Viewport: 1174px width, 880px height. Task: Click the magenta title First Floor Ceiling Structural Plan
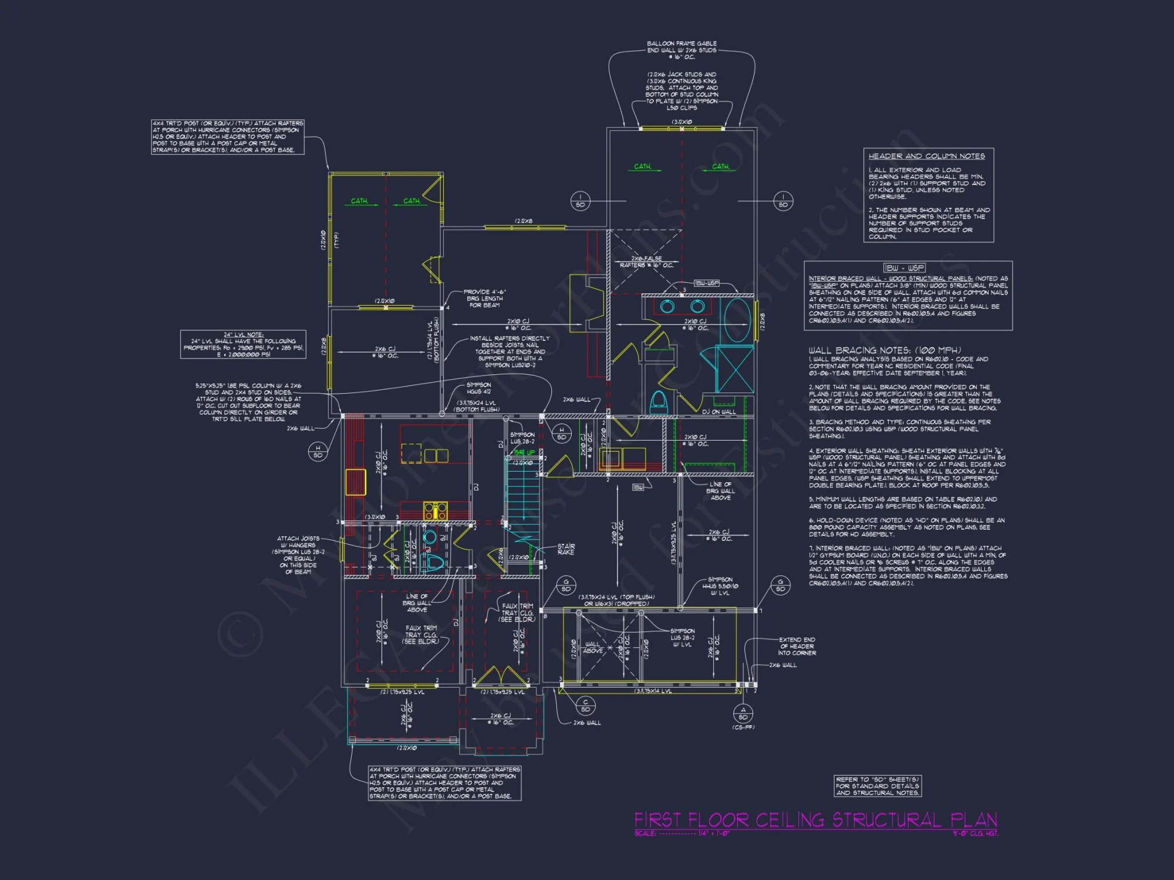click(x=815, y=820)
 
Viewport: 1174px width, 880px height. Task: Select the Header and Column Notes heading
click(x=926, y=156)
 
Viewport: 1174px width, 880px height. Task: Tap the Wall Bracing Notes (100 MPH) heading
click(x=885, y=350)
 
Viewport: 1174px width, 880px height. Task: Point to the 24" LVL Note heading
click(x=243, y=334)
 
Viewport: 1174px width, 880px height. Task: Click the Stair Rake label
click(x=566, y=549)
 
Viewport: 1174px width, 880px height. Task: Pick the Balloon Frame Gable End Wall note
click(x=682, y=50)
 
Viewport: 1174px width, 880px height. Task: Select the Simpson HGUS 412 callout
click(x=478, y=388)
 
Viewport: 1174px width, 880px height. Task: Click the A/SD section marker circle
click(x=743, y=713)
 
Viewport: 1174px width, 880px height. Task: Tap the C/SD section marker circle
click(x=585, y=706)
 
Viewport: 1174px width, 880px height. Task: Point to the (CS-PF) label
click(x=743, y=727)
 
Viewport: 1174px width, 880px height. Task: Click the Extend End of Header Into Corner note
click(x=797, y=646)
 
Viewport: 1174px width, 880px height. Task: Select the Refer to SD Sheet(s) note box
click(x=878, y=786)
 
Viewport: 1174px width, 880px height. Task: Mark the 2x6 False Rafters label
click(x=646, y=262)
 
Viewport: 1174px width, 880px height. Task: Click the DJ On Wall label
click(x=718, y=412)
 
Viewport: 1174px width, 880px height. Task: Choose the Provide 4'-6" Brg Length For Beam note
click(x=484, y=298)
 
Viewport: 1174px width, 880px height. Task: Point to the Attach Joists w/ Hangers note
click(x=299, y=555)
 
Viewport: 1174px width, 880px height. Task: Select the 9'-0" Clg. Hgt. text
click(x=975, y=833)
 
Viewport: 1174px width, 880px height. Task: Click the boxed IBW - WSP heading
click(x=904, y=268)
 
